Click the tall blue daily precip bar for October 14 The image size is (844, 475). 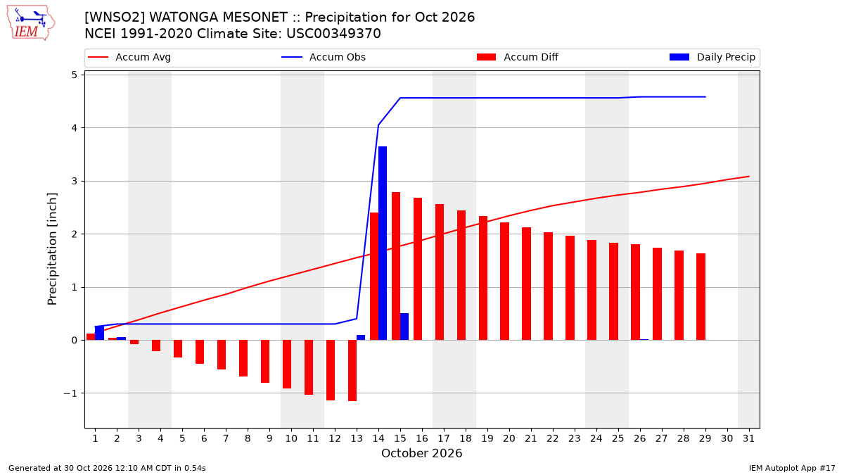pos(383,243)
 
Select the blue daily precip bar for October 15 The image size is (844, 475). pos(404,327)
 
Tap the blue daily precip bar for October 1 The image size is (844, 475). pos(99,333)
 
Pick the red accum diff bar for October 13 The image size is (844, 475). pos(352,371)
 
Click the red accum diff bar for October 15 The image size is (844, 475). pos(396,266)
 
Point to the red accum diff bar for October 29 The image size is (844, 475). pos(701,297)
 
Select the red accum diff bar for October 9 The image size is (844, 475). pos(265,362)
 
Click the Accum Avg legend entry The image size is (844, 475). pos(129,57)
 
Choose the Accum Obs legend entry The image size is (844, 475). pos(324,57)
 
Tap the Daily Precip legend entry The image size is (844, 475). pos(712,57)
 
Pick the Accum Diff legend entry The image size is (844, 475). pos(518,57)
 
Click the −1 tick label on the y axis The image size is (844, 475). pos(70,393)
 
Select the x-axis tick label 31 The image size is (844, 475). pos(748,438)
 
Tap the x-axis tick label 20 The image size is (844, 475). pos(509,438)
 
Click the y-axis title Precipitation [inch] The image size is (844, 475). pos(52,249)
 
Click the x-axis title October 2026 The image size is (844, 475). pos(421,453)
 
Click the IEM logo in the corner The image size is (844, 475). pos(31,23)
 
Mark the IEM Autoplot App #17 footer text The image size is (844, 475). pos(792,468)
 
